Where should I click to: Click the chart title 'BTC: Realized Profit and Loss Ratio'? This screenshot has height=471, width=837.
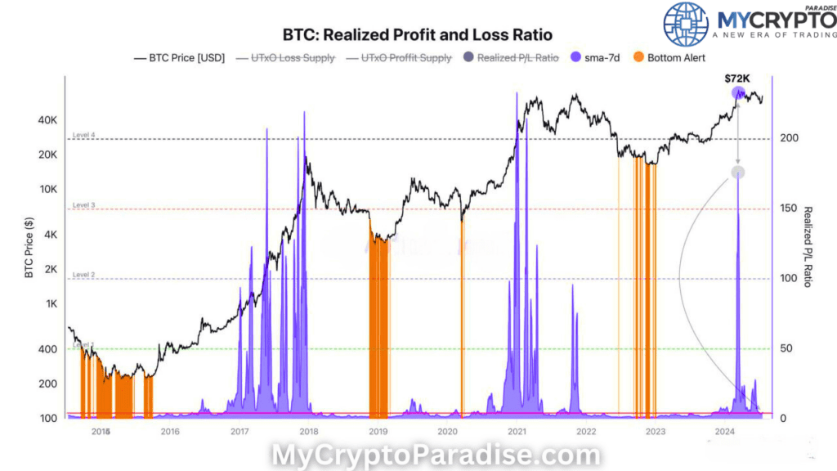[417, 35]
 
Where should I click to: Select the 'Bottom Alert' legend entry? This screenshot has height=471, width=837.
[676, 58]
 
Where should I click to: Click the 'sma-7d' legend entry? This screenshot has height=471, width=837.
[606, 58]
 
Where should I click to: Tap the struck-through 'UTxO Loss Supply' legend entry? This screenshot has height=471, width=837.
[285, 58]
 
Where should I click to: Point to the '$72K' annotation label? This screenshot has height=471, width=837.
[737, 78]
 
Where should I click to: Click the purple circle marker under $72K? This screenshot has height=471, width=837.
[738, 92]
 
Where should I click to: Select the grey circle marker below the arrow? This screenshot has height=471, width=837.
[738, 172]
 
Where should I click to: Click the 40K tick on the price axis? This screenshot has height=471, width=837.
[48, 120]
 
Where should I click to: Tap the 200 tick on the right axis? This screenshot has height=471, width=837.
[788, 139]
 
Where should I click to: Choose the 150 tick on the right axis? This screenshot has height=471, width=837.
[788, 209]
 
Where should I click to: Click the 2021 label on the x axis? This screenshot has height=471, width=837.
[517, 431]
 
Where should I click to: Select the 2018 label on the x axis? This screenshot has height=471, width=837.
[309, 431]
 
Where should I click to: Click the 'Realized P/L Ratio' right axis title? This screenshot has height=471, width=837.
[808, 246]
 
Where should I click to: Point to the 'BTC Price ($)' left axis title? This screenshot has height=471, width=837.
[29, 246]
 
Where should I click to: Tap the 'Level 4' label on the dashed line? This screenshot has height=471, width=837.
[84, 134]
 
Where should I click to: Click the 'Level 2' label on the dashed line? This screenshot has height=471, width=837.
[84, 275]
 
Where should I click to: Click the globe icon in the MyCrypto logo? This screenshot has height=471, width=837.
[686, 24]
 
